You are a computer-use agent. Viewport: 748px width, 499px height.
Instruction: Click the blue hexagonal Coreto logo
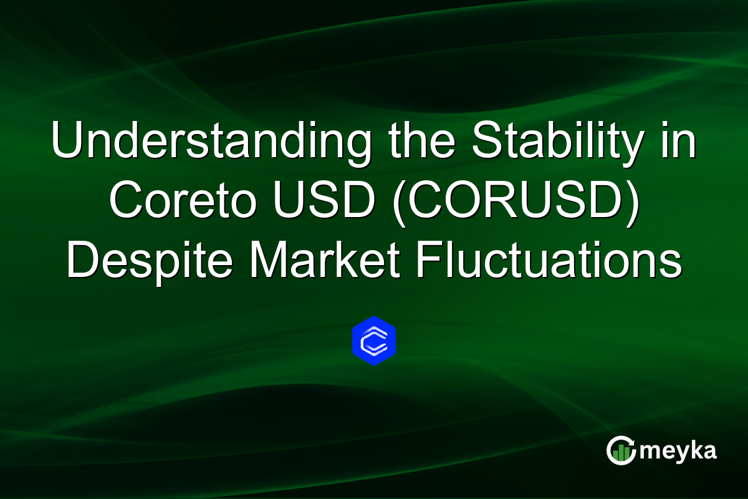374,341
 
